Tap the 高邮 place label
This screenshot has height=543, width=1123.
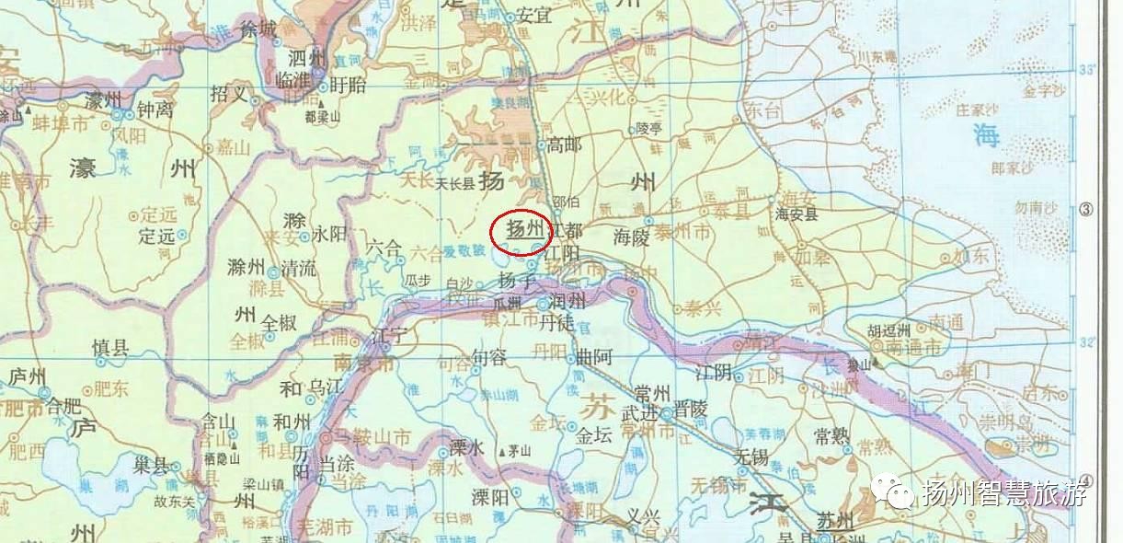(x=565, y=144)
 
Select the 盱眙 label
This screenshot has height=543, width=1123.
(x=348, y=85)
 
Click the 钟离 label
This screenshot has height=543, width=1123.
(x=156, y=109)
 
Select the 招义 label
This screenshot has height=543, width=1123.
(x=229, y=93)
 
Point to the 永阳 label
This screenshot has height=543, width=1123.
(x=329, y=234)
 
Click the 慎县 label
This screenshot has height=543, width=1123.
(x=111, y=347)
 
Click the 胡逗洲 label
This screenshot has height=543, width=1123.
(x=889, y=331)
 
